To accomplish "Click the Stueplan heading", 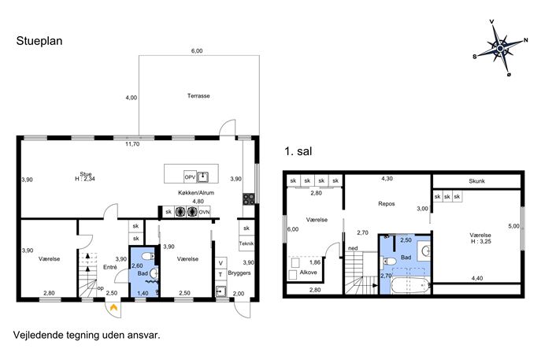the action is [39, 41].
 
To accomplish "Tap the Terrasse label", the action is [198, 96].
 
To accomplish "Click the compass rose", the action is [500, 48].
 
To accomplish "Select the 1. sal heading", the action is [298, 151].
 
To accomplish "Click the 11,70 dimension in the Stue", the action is [132, 144].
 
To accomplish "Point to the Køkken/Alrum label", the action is [196, 193].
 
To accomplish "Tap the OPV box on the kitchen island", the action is [190, 177].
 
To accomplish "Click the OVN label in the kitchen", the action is [204, 212].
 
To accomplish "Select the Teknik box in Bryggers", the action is [246, 243].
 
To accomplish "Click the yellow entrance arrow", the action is [113, 307].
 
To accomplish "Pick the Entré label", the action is [110, 267].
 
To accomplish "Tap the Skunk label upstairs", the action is [477, 181].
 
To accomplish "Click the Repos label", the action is [387, 204].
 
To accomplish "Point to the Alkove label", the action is [308, 273].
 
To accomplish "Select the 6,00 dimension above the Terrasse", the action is [197, 50].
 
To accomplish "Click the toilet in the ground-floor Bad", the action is [148, 256].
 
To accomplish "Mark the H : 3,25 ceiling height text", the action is [480, 242].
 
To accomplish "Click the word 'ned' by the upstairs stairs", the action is [353, 248].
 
